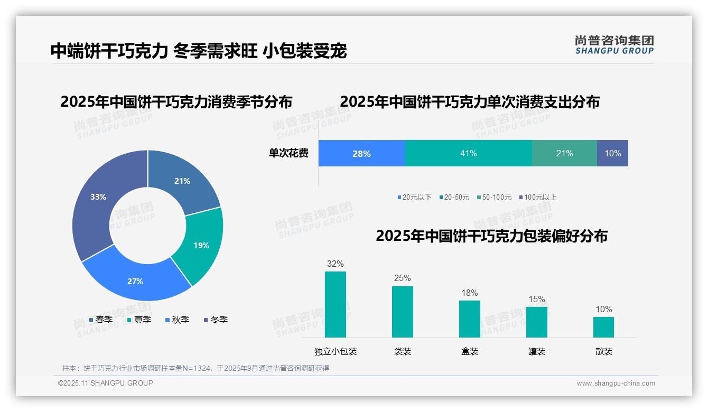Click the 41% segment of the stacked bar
point(468,153)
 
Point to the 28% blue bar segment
point(361,153)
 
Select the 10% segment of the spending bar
point(612,153)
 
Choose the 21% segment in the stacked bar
point(564,153)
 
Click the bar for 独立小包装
point(336,305)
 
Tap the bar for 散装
point(603,327)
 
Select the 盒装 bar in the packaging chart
point(469,319)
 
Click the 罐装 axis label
point(536,351)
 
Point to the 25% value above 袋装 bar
point(402,278)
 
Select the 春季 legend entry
point(101,320)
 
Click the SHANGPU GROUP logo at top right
point(614,45)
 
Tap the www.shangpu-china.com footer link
point(616,383)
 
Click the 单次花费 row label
point(288,153)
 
